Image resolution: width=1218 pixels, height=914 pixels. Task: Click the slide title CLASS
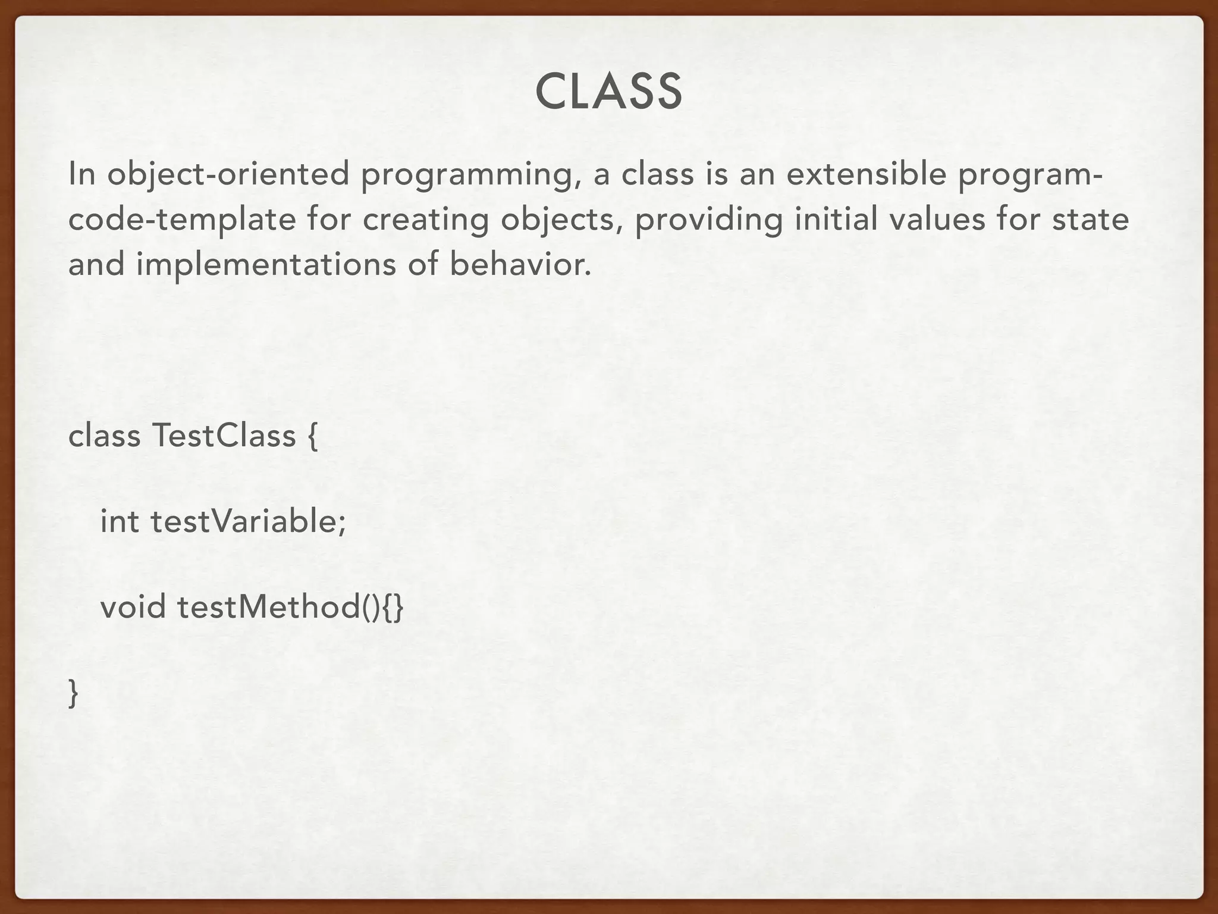608,92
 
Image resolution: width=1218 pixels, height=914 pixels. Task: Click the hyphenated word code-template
182,220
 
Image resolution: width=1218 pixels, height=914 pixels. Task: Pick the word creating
425,220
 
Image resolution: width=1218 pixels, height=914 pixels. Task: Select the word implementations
266,265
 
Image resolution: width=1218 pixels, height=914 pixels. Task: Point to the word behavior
520,264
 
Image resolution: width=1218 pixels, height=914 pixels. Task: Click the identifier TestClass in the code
224,436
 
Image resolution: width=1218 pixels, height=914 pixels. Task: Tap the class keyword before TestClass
105,436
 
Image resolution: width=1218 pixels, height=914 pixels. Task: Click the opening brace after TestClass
313,437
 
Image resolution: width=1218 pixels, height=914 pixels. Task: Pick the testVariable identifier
247,521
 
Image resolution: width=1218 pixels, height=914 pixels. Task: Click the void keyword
133,607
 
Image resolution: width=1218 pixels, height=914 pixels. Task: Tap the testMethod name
268,607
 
